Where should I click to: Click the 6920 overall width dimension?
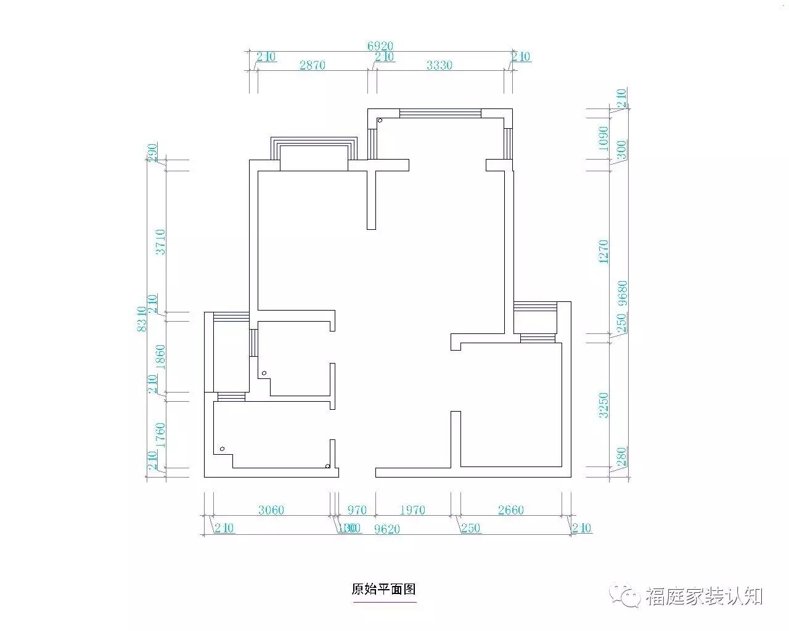coord(380,46)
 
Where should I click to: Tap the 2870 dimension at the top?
coord(312,65)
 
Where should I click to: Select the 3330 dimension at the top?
coord(439,65)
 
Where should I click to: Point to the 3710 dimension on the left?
coord(160,242)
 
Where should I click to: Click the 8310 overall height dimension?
coord(142,319)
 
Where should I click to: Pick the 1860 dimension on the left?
coord(160,356)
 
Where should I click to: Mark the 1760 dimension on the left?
coord(160,434)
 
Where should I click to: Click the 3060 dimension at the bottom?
coord(271,510)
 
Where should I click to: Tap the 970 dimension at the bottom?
coord(356,510)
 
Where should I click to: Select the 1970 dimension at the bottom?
coord(412,510)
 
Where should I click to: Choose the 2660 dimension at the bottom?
coord(510,510)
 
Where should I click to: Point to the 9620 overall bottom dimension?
coord(387,529)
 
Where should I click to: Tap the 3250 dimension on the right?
coord(604,405)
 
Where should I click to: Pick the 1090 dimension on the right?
coord(604,139)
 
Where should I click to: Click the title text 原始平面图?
coord(384,589)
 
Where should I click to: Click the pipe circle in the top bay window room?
coord(380,121)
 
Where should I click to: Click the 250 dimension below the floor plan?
coord(470,528)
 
